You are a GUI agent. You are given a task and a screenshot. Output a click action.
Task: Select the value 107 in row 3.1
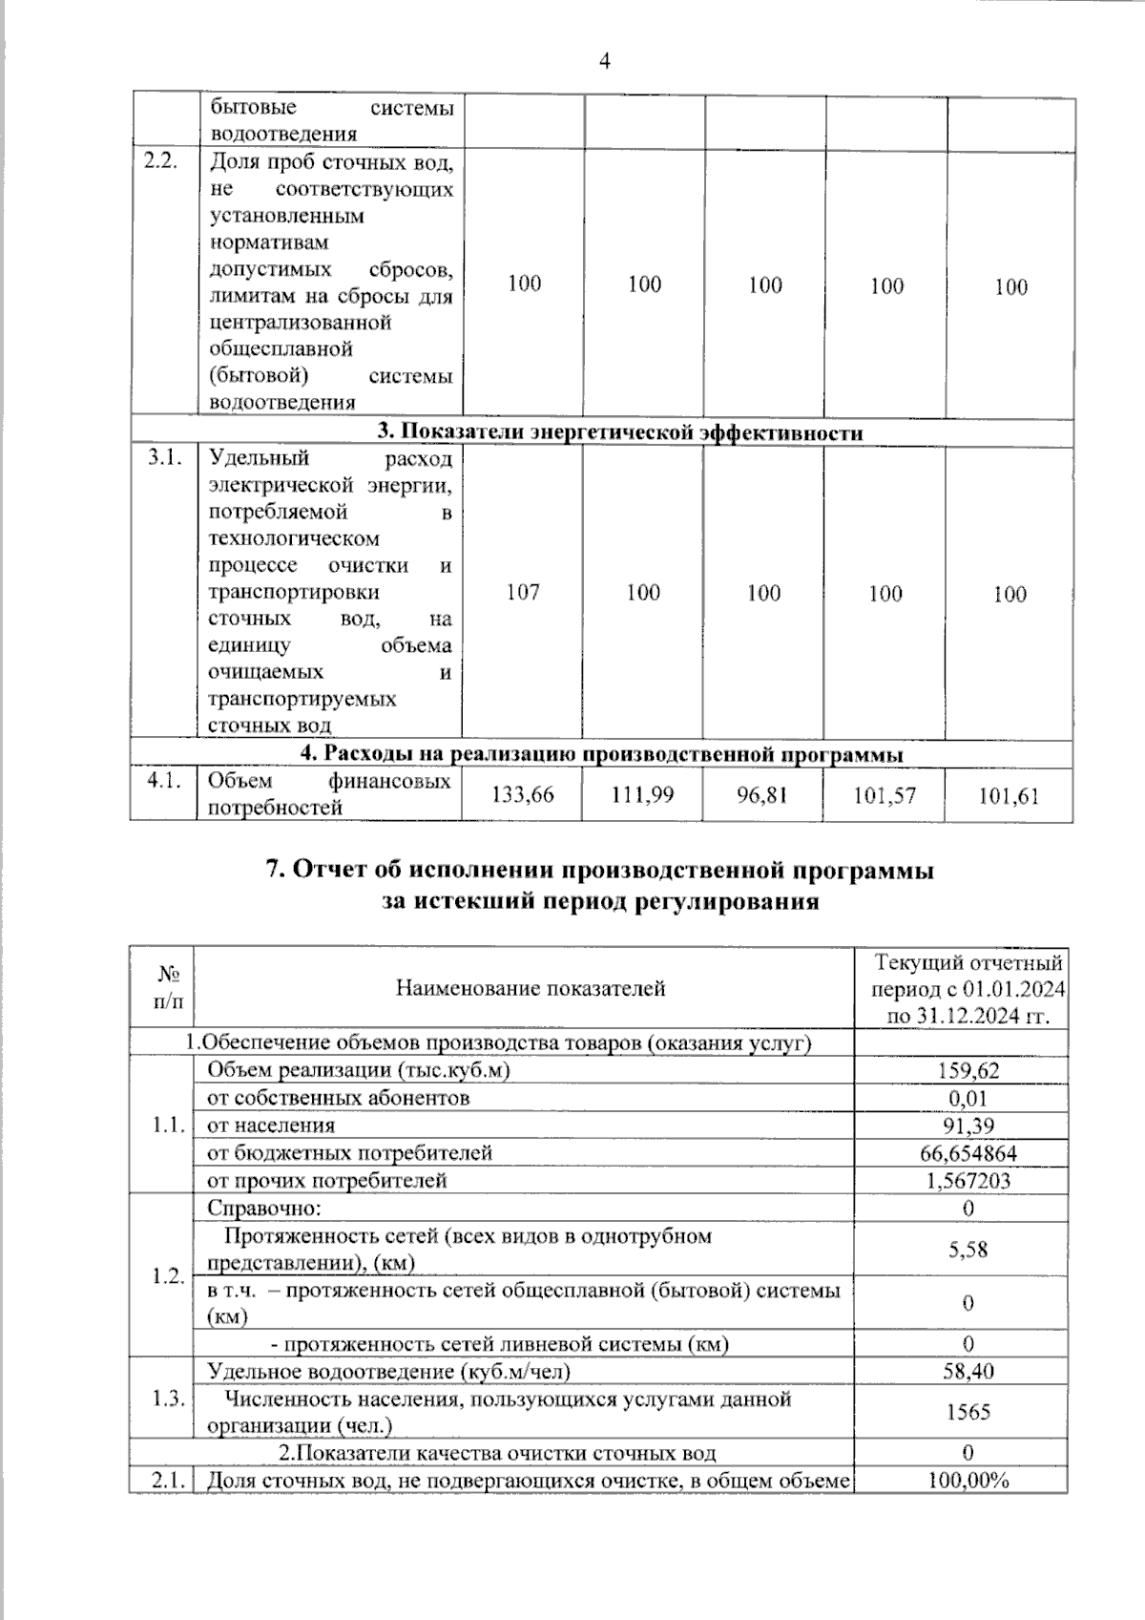pyautogui.click(x=523, y=593)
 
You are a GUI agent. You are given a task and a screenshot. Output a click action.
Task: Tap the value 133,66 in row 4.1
pyautogui.click(x=522, y=794)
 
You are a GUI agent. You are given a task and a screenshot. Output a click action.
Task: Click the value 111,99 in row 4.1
pyautogui.click(x=642, y=794)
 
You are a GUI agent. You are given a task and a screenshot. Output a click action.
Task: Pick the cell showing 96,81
pyautogui.click(x=762, y=794)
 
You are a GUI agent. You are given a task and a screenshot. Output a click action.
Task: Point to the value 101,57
pyautogui.click(x=885, y=795)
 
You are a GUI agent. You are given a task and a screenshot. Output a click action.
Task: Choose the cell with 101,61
pyautogui.click(x=1009, y=796)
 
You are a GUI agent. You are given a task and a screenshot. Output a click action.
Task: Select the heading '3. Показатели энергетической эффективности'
pyautogui.click(x=620, y=432)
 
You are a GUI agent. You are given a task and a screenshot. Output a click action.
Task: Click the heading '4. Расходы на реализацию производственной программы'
pyautogui.click(x=602, y=754)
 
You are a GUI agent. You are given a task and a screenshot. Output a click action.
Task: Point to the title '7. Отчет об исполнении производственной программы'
pyautogui.click(x=599, y=870)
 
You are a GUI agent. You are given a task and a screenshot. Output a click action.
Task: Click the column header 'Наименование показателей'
pyautogui.click(x=531, y=988)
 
